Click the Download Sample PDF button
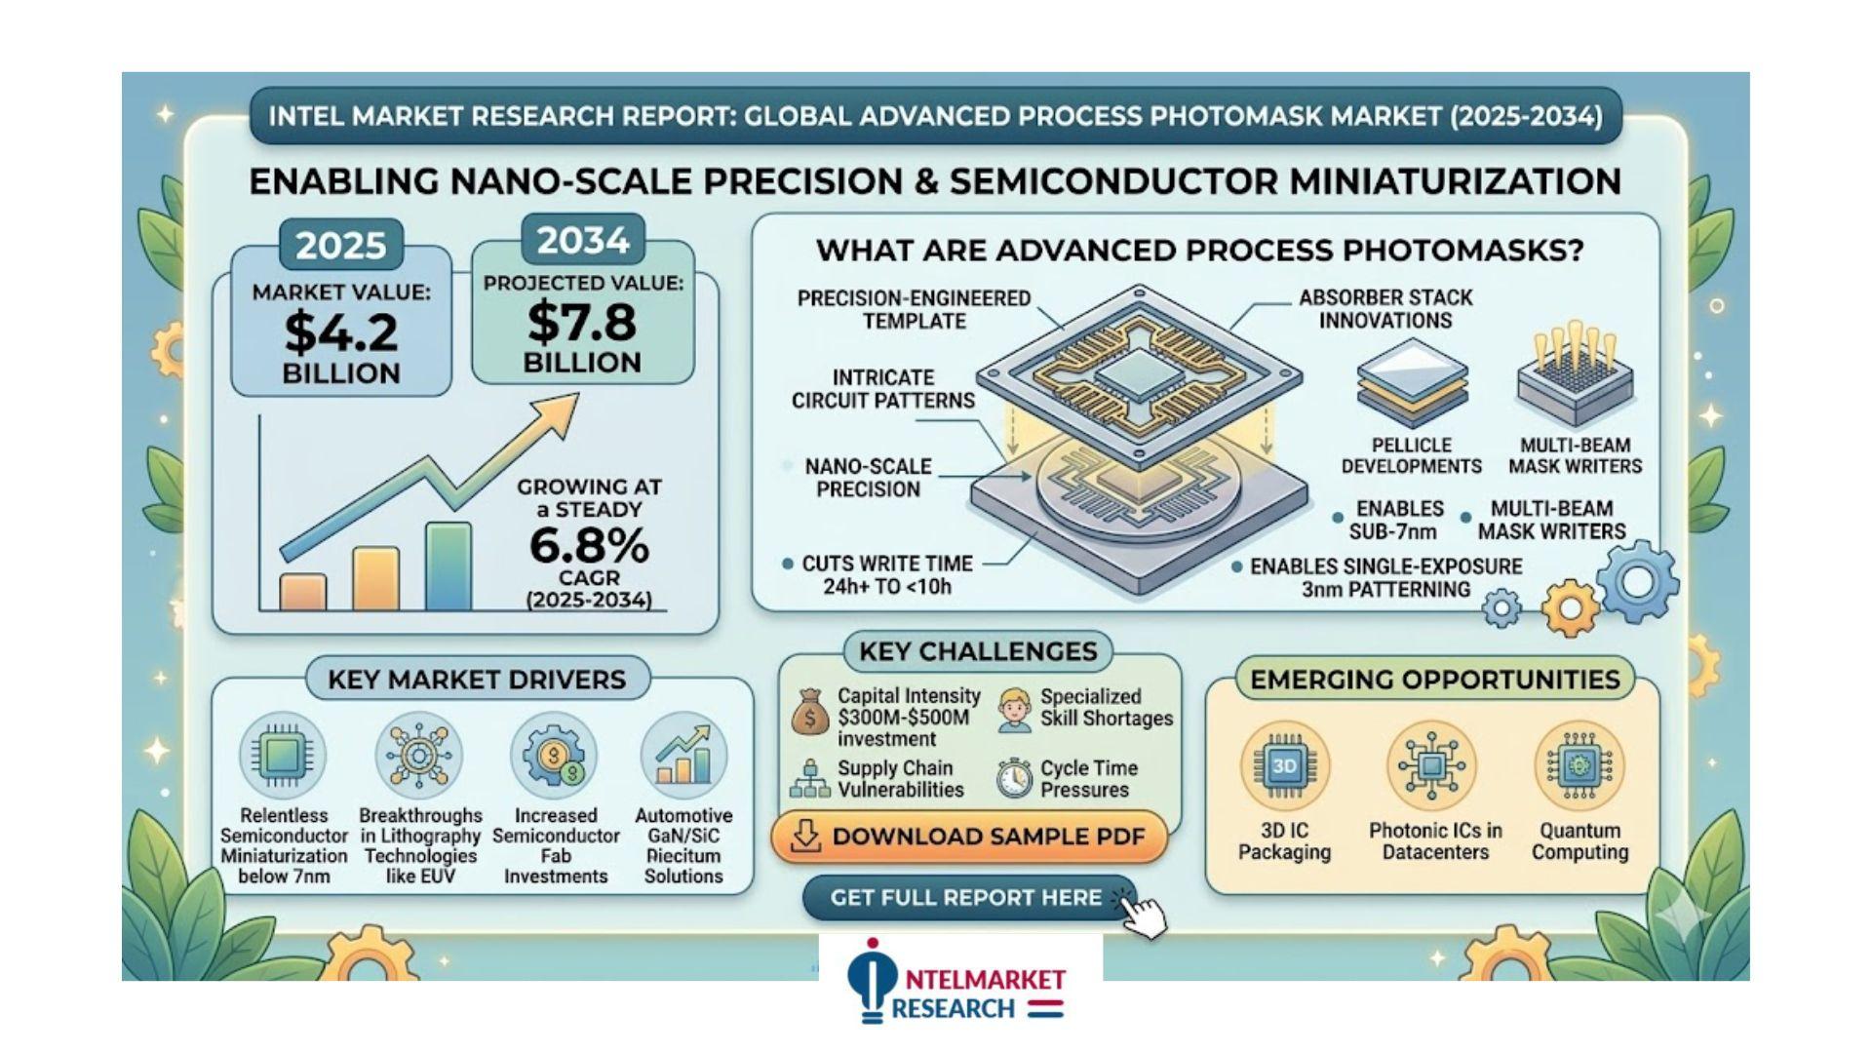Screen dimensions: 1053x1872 [x=969, y=837]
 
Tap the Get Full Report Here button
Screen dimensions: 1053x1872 [x=965, y=898]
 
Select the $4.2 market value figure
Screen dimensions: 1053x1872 [x=341, y=331]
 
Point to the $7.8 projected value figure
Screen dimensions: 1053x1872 [x=582, y=322]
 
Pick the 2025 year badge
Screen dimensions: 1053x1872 [x=340, y=245]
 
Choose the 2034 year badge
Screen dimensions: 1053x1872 [x=583, y=240]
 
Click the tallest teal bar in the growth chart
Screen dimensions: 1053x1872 [x=448, y=567]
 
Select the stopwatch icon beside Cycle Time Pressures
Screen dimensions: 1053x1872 [x=1014, y=778]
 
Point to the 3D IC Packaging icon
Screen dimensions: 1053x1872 [x=1284, y=766]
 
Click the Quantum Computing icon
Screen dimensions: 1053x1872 [x=1579, y=766]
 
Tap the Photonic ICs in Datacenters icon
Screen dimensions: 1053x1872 [x=1431, y=766]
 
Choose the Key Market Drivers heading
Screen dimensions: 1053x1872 [x=477, y=680]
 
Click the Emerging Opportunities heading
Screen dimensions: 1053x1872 [x=1435, y=680]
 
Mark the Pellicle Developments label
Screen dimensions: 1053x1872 [x=1411, y=455]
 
